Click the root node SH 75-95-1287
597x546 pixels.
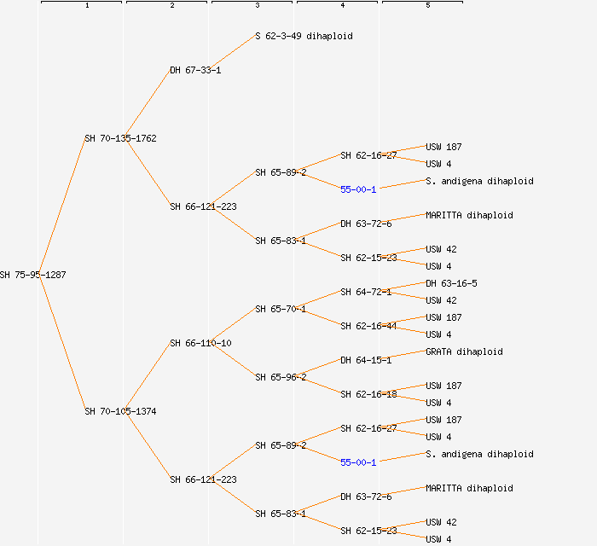pos(33,275)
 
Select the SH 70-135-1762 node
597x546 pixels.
pos(120,138)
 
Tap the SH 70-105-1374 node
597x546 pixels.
pos(120,411)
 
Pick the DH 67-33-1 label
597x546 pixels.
pos(195,70)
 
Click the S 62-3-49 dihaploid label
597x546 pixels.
pos(304,36)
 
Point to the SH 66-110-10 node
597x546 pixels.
pos(200,343)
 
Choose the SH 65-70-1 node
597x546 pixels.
pos(281,309)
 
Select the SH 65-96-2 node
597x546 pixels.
pos(281,377)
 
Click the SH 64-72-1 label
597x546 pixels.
pos(366,292)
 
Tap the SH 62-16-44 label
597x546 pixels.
pos(368,326)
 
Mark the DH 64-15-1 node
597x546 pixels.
pos(366,360)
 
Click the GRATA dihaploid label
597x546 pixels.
pos(464,351)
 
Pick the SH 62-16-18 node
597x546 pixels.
pos(368,394)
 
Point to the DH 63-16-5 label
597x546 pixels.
pos(451,283)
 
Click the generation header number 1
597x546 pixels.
pos(86,6)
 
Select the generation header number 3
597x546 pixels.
pos(257,6)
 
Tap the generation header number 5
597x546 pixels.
pos(427,6)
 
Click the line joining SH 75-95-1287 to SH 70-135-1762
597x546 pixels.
pos(61,206)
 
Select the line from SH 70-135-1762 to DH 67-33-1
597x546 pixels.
pos(148,104)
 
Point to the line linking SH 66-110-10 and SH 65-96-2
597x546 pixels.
pos(234,360)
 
